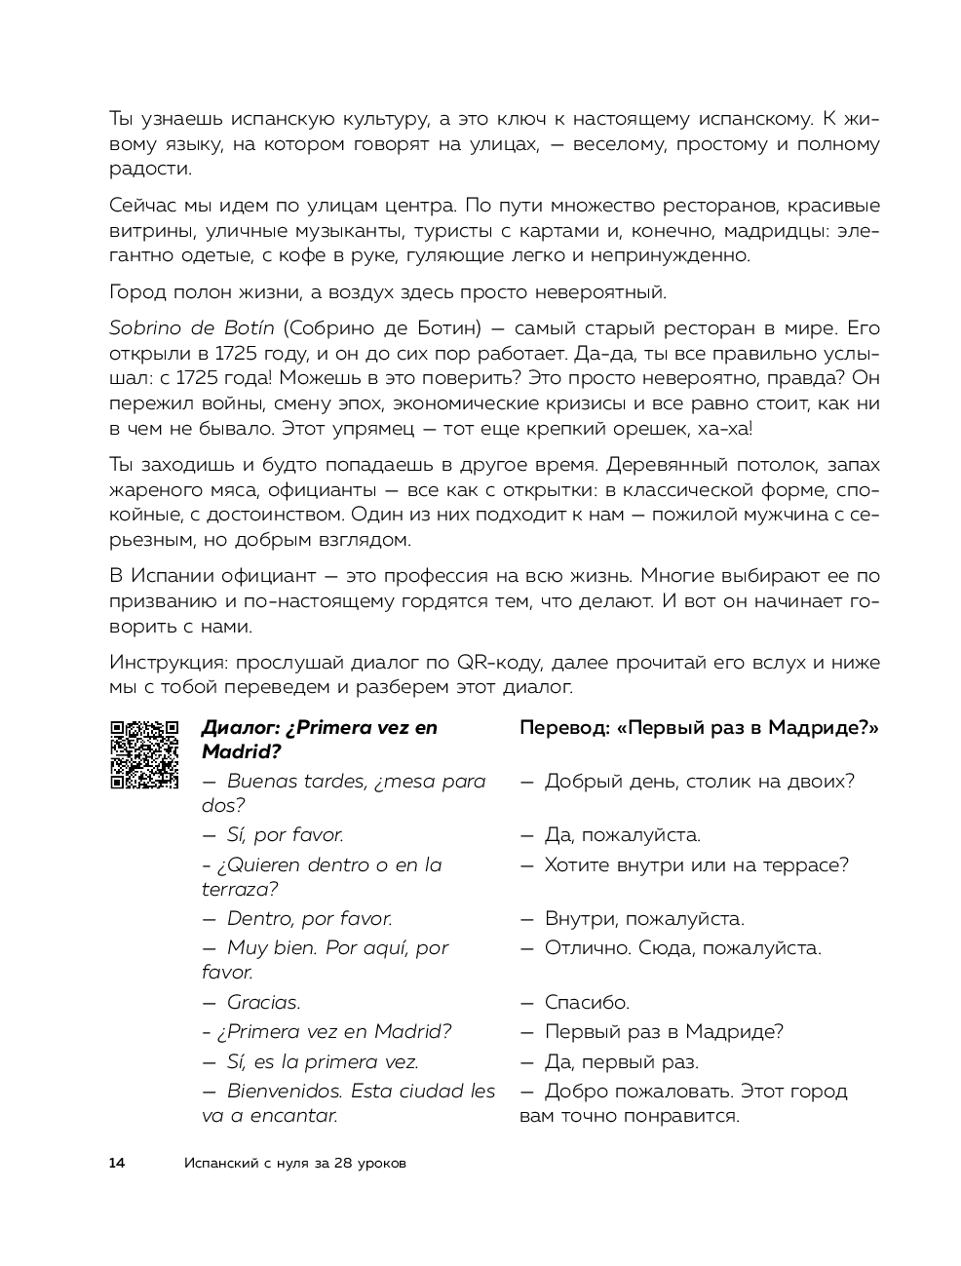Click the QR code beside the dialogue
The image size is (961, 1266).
144,753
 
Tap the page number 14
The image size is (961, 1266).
117,1163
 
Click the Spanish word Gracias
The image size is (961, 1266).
263,1002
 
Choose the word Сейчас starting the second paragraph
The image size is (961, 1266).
140,206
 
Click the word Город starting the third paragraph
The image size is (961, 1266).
136,291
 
